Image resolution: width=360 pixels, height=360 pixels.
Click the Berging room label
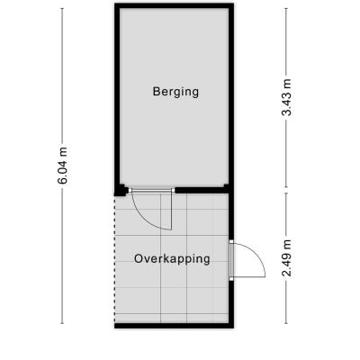(175, 92)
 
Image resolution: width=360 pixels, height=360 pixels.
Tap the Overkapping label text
(172, 259)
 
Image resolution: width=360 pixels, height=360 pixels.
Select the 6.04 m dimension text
(63, 165)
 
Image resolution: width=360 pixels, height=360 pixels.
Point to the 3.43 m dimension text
(286, 97)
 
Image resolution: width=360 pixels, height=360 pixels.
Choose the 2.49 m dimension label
(286, 257)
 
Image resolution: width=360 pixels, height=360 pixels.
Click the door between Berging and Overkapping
(151, 190)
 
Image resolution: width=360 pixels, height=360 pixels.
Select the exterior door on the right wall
(231, 260)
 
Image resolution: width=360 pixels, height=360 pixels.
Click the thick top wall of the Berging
(174, 5)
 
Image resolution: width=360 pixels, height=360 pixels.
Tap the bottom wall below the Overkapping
(174, 326)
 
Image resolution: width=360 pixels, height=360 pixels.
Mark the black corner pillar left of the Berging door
(121, 190)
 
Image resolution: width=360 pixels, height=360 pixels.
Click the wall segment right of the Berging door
(202, 190)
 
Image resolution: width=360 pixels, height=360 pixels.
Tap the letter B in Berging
(156, 91)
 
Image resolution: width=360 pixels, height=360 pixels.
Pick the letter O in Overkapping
(138, 258)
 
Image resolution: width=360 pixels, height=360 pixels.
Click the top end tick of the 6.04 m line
(62, 8)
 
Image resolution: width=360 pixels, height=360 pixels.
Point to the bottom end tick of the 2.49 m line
(286, 323)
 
